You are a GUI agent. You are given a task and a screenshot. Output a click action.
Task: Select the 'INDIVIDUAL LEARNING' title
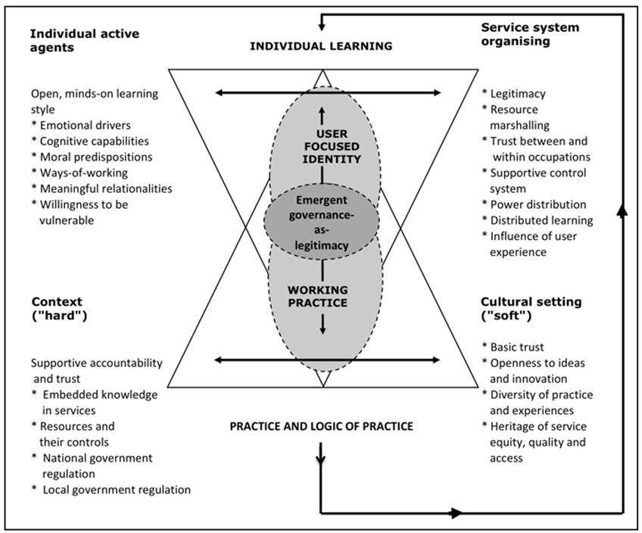click(x=322, y=46)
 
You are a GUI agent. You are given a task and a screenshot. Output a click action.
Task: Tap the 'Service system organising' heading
click(x=530, y=34)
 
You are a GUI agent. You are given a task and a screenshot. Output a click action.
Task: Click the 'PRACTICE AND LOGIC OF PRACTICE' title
click(x=322, y=426)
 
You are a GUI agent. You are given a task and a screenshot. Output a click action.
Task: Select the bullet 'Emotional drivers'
click(x=79, y=126)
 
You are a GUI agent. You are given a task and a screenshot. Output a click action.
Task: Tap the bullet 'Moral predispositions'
click(x=91, y=157)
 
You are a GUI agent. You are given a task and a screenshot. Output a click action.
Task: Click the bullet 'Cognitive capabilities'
click(x=89, y=141)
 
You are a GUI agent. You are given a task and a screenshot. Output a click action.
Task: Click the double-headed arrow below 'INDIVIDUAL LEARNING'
click(x=328, y=93)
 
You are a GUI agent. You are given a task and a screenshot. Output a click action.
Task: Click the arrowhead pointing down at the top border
click(x=322, y=26)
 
